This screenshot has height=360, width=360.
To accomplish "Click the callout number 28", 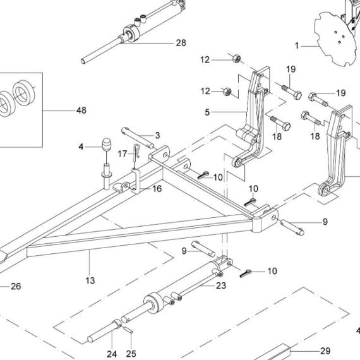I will pyautogui.click(x=181, y=43).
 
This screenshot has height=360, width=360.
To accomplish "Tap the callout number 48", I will pyautogui.click(x=81, y=111).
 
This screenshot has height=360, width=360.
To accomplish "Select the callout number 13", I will pyautogui.click(x=90, y=280).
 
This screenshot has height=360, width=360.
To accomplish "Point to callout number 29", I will pyautogui.click(x=325, y=351).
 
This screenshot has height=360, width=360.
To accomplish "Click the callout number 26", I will pyautogui.click(x=16, y=286).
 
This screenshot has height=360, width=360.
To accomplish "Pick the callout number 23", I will pyautogui.click(x=220, y=285).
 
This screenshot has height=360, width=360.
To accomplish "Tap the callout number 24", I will pyautogui.click(x=112, y=353).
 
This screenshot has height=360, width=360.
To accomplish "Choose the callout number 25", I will pyautogui.click(x=131, y=353).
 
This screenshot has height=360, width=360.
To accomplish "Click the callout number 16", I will pyautogui.click(x=157, y=188).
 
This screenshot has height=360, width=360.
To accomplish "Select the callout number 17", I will pyautogui.click(x=123, y=153).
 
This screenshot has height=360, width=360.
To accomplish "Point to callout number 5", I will pyautogui.click(x=207, y=113).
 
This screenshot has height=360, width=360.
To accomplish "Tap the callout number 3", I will pyautogui.click(x=157, y=135).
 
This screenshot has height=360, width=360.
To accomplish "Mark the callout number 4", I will pyautogui.click(x=81, y=147).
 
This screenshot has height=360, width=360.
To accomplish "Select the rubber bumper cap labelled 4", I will pyautogui.click(x=104, y=145).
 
